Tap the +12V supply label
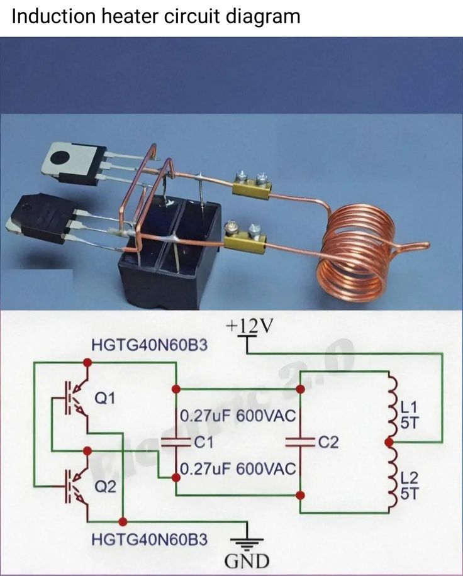pyautogui.click(x=252, y=326)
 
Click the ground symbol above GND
pyautogui.click(x=247, y=540)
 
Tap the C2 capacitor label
pyautogui.click(x=328, y=443)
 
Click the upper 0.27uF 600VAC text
pyautogui.click(x=238, y=417)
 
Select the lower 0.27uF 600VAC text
pyautogui.click(x=238, y=469)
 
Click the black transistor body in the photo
pyautogui.click(x=41, y=216)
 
